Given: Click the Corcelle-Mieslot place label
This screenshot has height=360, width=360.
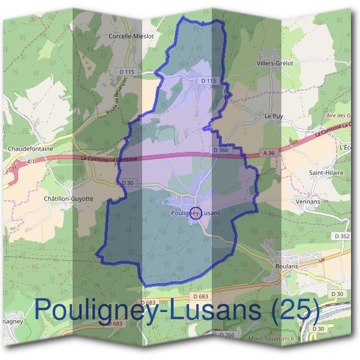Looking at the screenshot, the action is click(x=131, y=36).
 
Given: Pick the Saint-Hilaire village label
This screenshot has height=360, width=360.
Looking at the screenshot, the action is click(x=325, y=172).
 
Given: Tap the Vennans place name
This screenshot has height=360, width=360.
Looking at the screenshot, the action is click(x=308, y=202).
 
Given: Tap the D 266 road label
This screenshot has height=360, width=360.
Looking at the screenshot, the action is click(x=226, y=334).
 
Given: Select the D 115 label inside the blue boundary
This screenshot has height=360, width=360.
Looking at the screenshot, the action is click(x=208, y=80).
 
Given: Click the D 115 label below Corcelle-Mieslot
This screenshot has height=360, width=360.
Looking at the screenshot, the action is click(x=127, y=72).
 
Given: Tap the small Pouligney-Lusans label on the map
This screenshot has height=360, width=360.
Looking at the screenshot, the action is click(x=196, y=213).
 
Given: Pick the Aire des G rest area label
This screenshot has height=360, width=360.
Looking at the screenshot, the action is click(x=338, y=115).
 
